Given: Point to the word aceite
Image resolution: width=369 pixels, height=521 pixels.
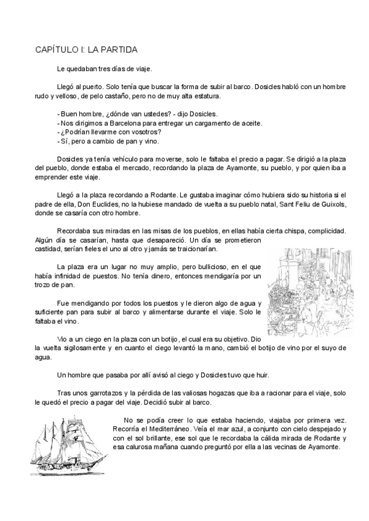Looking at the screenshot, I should pyautogui.click(x=250, y=123).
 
